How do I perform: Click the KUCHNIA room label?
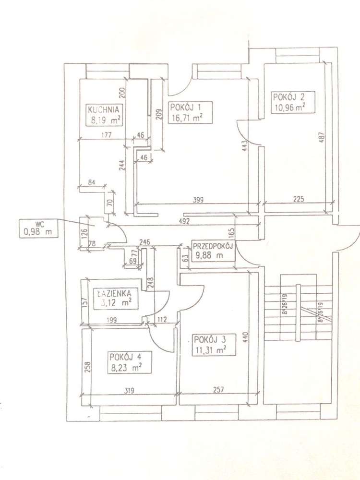tap(103, 108)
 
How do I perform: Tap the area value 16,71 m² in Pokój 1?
tap(185, 117)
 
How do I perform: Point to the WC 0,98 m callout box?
tap(37, 228)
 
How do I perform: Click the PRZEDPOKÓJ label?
tap(213, 247)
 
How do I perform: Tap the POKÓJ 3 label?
tap(210, 340)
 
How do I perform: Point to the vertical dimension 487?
tap(322, 139)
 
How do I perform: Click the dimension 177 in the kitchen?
tap(106, 135)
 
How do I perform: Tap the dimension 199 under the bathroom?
tap(111, 320)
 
